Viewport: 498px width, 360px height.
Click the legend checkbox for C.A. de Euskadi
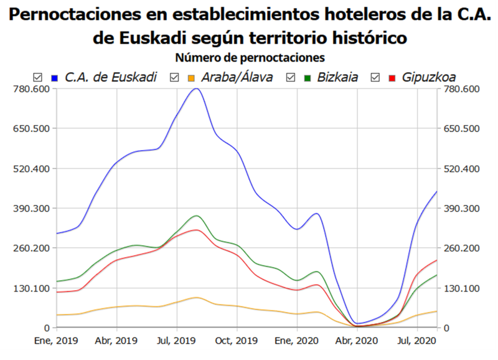[37, 77]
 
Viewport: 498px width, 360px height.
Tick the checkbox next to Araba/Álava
[174, 77]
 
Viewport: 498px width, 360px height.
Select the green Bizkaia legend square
[307, 77]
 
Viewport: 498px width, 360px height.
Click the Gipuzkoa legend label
[429, 77]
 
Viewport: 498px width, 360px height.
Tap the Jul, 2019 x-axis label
[177, 341]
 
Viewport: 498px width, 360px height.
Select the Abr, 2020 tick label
[357, 341]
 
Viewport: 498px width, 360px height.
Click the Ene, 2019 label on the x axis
[57, 341]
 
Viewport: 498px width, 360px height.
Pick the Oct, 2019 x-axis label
[237, 341]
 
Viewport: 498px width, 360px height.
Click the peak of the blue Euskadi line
[196, 88]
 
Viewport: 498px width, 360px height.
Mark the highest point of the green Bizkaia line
[197, 216]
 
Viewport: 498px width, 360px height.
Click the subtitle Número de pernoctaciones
[250, 58]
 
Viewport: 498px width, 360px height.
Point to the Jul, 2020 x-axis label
[416, 341]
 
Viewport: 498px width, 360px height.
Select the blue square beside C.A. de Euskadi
[55, 77]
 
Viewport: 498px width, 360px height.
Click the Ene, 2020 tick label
[298, 341]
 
